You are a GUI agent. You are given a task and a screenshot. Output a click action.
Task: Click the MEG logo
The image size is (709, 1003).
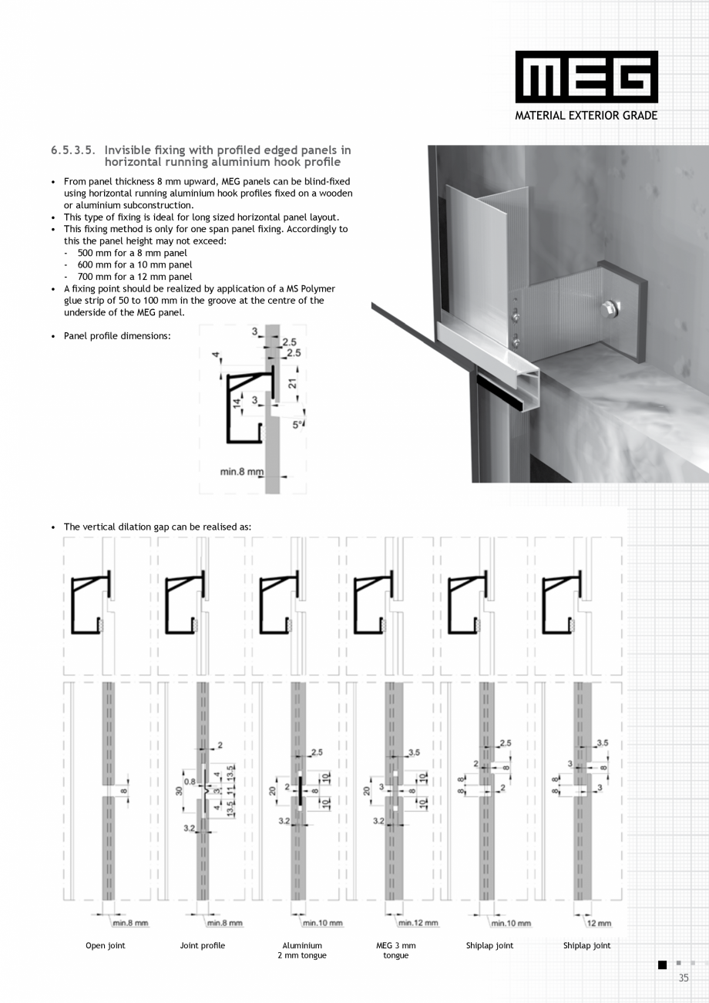click(x=586, y=77)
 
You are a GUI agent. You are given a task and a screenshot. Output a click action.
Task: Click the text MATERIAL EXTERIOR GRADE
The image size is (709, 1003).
click(x=586, y=116)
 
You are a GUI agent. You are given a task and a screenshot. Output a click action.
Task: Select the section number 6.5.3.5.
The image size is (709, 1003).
click(x=74, y=150)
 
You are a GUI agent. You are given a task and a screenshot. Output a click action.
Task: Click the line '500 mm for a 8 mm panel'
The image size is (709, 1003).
click(x=132, y=253)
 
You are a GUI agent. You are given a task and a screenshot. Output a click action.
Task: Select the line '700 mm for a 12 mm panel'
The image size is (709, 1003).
click(x=135, y=276)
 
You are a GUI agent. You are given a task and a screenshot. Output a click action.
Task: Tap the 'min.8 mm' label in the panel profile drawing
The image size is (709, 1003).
click(x=241, y=472)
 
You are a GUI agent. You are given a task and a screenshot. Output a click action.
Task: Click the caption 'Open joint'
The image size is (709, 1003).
click(x=106, y=945)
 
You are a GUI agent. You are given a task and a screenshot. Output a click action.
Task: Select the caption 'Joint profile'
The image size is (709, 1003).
click(x=203, y=945)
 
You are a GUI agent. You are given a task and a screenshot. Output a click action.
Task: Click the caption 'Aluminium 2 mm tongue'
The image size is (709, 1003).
click(x=302, y=950)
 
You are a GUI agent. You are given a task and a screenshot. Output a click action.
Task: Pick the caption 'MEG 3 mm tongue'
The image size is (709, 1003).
click(x=396, y=950)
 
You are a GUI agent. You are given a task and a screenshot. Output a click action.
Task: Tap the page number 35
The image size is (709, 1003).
click(x=683, y=978)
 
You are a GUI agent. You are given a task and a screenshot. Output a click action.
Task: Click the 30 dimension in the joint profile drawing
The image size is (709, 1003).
click(x=178, y=790)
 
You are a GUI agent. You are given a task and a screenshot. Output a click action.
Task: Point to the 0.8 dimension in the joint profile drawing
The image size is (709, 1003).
click(x=190, y=781)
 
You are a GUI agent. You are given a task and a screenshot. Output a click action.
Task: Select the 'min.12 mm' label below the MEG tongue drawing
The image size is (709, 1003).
click(x=418, y=923)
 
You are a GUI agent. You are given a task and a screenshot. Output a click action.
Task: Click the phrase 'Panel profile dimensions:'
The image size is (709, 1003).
click(x=117, y=336)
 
